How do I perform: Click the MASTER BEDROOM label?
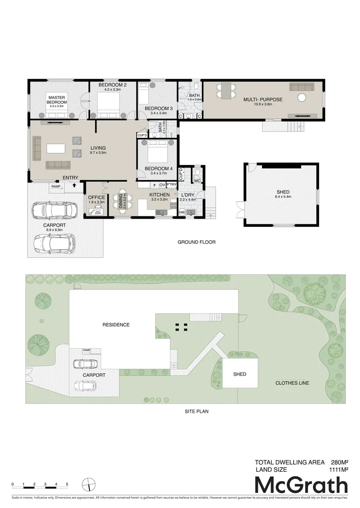pyautogui.click(x=56, y=100)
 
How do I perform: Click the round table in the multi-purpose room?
pyautogui.click(x=301, y=97)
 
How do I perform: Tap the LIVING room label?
pyautogui.click(x=98, y=148)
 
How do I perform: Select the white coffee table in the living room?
pyautogui.click(x=55, y=148)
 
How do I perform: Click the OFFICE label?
pyautogui.click(x=96, y=198)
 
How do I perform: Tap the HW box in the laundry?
pyautogui.click(x=182, y=213)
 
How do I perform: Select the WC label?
pyautogui.click(x=197, y=180)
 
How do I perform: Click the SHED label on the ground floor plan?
pyautogui.click(x=283, y=192)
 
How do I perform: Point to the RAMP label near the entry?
pyautogui.click(x=56, y=187)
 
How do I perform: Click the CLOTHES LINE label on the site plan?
pyautogui.click(x=292, y=383)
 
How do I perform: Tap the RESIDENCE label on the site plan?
pyautogui.click(x=116, y=325)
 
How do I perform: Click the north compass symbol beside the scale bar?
pyautogui.click(x=88, y=484)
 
